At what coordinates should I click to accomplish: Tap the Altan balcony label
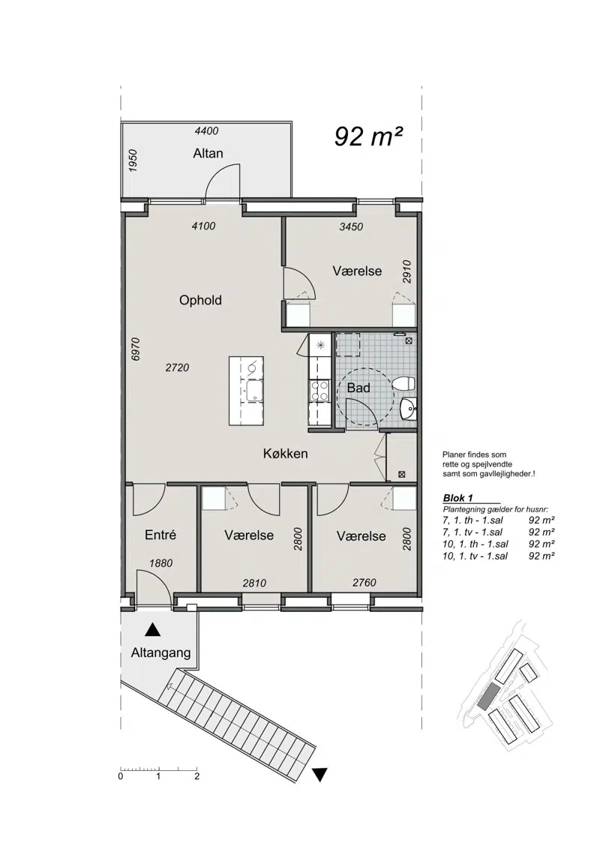[208, 153]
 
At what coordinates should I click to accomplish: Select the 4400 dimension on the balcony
[206, 130]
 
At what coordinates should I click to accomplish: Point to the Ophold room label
[200, 300]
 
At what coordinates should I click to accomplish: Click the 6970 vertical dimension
[136, 349]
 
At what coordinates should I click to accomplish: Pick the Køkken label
[286, 454]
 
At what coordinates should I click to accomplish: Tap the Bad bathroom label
[358, 388]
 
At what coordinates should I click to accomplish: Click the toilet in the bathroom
[404, 384]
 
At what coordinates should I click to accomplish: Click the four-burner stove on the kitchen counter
[319, 391]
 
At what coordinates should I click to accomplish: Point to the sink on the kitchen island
[253, 391]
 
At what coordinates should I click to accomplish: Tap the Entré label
[160, 535]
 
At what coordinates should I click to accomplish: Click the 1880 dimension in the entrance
[160, 563]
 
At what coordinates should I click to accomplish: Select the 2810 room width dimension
[254, 583]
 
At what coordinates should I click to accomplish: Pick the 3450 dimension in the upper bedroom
[351, 226]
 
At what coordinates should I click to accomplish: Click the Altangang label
[160, 653]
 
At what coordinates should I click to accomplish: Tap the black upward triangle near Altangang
[153, 630]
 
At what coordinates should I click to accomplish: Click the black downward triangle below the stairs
[320, 775]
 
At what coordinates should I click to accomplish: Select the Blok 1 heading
[458, 498]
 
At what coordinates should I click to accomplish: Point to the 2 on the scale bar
[197, 776]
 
